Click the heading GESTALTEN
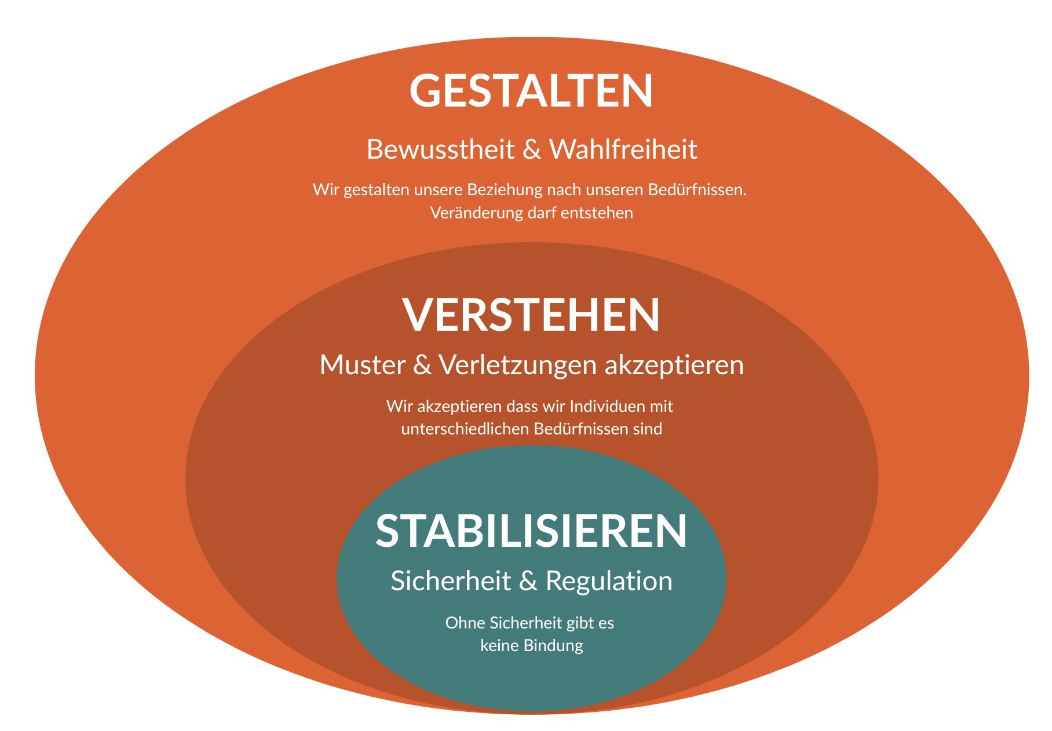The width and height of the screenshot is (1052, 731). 531,91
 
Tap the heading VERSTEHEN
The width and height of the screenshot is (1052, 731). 531,315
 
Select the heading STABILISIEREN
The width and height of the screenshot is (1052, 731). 531,531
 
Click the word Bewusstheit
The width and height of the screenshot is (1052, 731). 440,149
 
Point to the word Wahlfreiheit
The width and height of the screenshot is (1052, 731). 623,149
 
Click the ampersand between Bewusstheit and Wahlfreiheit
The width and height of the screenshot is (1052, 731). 531,149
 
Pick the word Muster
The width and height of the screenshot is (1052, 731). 362,365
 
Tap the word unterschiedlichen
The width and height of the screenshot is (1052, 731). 465,429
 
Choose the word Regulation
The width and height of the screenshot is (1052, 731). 609,581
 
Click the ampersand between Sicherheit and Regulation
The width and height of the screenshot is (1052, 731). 528,581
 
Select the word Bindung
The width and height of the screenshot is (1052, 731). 553,646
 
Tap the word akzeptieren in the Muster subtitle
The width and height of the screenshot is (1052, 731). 674,365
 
